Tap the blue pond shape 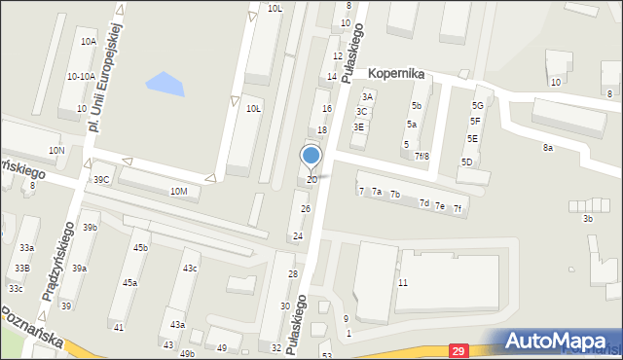click(165, 86)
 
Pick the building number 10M click(178, 192)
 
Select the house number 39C click(101, 180)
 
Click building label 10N click(56, 151)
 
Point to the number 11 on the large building click(402, 282)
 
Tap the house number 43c click(190, 268)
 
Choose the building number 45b click(140, 248)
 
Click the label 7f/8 click(421, 156)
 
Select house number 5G click(477, 105)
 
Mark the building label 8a click(548, 148)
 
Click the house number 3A click(367, 97)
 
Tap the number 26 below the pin click(305, 209)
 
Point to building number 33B click(21, 268)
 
